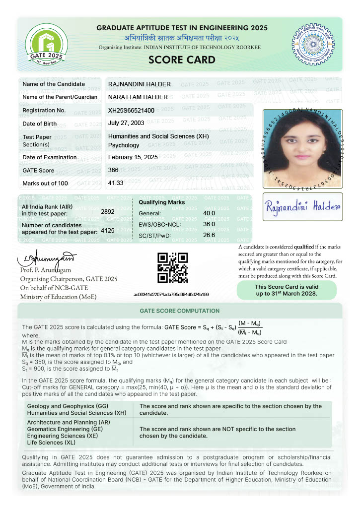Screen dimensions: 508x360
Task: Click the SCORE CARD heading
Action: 182,60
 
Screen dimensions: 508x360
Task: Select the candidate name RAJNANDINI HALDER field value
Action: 139,84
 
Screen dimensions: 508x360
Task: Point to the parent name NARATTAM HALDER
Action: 138,97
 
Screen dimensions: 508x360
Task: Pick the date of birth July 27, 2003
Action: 126,123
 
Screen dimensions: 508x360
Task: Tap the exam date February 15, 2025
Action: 133,157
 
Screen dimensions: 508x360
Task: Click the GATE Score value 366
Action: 113,171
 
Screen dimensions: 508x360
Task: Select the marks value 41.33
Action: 116,183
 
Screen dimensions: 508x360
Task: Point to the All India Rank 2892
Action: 108,212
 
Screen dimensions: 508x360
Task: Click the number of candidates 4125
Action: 108,231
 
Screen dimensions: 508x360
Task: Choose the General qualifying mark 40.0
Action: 209,213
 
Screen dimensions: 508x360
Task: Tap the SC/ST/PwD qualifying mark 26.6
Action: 209,235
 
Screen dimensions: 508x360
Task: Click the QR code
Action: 172,268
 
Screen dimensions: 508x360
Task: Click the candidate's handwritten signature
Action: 302,206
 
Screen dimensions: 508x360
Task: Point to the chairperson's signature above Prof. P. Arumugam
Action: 47,258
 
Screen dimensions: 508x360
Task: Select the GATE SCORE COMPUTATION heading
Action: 179,311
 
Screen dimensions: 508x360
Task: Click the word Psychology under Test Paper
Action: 124,145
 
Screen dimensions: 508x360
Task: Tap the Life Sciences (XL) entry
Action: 51,442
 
